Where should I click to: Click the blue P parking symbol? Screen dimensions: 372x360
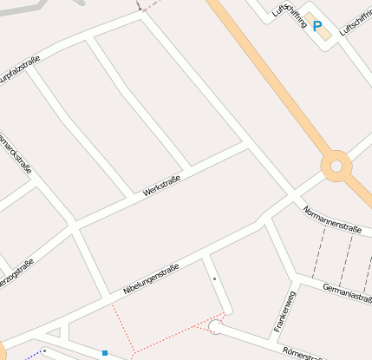[317, 27]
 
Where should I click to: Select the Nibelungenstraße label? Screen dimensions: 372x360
[151, 279]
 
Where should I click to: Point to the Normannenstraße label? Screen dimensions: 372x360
[331, 219]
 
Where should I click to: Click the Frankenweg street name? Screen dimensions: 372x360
[284, 311]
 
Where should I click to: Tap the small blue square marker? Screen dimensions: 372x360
[105, 353]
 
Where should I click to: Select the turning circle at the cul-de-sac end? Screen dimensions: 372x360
[215, 327]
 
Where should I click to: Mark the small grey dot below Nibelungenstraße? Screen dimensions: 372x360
[214, 278]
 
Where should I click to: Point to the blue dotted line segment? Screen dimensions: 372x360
[33, 353]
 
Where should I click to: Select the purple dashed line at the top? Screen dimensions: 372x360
[149, 4]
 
